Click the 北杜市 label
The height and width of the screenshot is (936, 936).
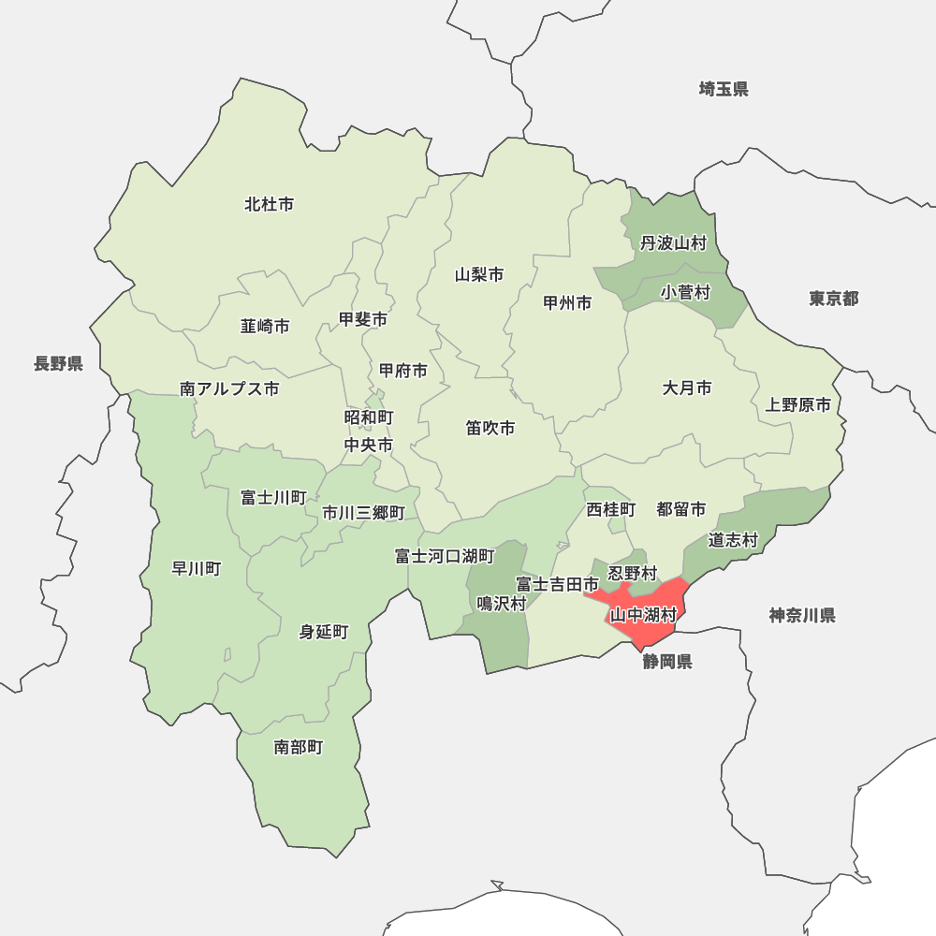pos(270,204)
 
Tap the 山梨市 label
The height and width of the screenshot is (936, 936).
pos(479,275)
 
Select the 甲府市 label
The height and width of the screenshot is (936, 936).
pos(403,371)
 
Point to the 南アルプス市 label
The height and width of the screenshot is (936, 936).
pos(229,388)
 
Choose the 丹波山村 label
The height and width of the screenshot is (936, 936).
pos(673,243)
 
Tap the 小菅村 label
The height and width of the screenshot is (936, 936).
pos(685,293)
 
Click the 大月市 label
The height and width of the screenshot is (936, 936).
pos(687,388)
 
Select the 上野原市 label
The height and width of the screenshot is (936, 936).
pos(797,405)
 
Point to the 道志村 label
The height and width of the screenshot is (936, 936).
pos(732,539)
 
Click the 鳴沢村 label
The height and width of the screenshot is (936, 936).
pos(502,604)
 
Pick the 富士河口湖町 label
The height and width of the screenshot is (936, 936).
pos(445,557)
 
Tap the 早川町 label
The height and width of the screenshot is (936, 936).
pos(197,568)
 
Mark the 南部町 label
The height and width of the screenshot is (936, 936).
pos(299,747)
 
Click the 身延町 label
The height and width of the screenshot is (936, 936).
pos(324,632)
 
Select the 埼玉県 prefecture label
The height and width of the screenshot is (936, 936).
pos(724,90)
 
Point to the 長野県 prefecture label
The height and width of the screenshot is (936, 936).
pos(58,364)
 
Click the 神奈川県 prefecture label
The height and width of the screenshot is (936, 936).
pos(802,615)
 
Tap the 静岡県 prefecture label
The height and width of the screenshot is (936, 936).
pos(667,663)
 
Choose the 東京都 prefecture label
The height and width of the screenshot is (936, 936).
pos(834,299)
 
